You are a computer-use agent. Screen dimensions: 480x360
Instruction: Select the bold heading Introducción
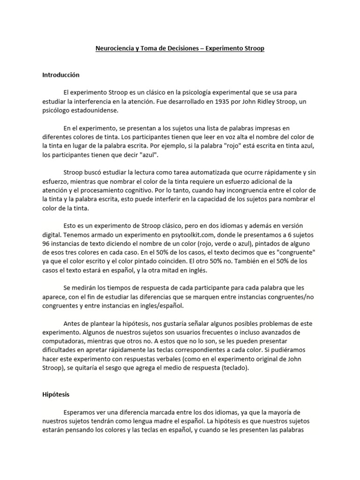tap(61, 75)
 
